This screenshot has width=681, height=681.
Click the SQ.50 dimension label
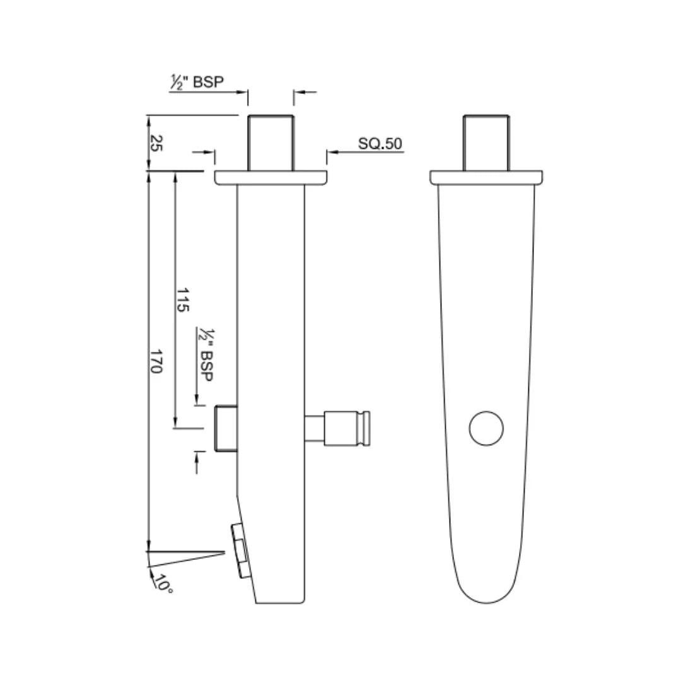(x=380, y=144)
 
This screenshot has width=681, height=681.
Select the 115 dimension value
(x=183, y=300)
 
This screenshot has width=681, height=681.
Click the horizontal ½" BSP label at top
(x=197, y=83)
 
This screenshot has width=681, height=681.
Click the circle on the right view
(x=486, y=428)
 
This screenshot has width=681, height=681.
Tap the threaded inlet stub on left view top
(x=271, y=143)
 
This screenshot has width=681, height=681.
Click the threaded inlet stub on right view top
(x=486, y=143)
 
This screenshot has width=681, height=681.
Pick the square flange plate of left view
(x=271, y=178)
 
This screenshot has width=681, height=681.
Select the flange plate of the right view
(x=486, y=178)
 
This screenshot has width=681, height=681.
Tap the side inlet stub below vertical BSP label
(x=226, y=429)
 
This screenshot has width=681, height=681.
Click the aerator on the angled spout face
(x=240, y=550)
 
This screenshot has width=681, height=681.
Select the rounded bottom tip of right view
(x=486, y=596)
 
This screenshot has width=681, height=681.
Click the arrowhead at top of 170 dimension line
(x=148, y=176)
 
